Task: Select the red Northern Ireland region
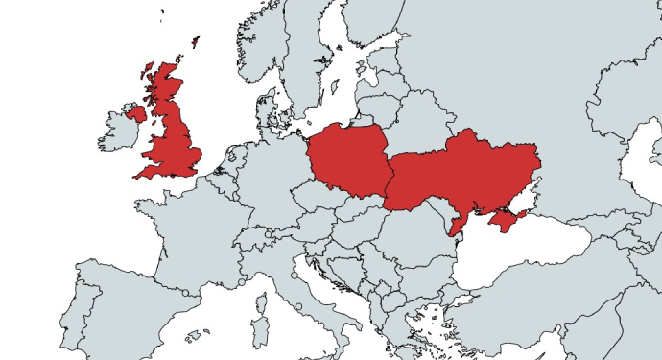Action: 136,113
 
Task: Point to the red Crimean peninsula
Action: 504,222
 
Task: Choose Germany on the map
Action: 269,178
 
